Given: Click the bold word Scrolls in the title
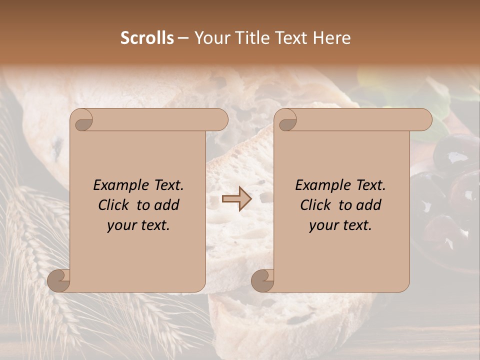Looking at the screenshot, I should click(x=147, y=38).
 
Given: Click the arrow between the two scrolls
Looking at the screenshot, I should click(x=236, y=199).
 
